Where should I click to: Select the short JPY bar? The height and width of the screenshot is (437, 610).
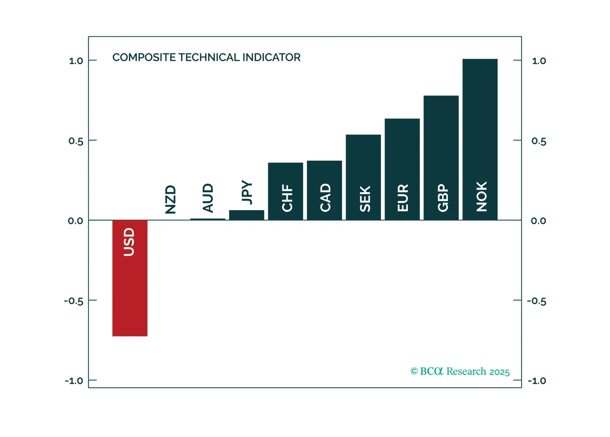point(246,215)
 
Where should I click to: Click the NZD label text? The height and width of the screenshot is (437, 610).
point(170,199)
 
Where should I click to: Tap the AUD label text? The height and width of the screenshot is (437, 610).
point(208,197)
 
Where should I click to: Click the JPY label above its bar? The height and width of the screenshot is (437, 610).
point(247,192)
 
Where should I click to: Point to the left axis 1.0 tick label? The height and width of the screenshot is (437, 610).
point(76,61)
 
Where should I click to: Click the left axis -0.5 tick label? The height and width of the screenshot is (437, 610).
point(73,301)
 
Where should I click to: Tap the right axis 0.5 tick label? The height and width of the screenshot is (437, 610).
point(539,141)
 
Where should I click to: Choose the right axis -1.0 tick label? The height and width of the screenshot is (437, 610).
point(537,381)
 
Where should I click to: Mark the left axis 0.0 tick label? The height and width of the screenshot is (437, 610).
point(75,221)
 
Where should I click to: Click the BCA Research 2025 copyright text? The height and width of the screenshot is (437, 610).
point(460,371)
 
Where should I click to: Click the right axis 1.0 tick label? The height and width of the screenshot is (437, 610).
point(539,61)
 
